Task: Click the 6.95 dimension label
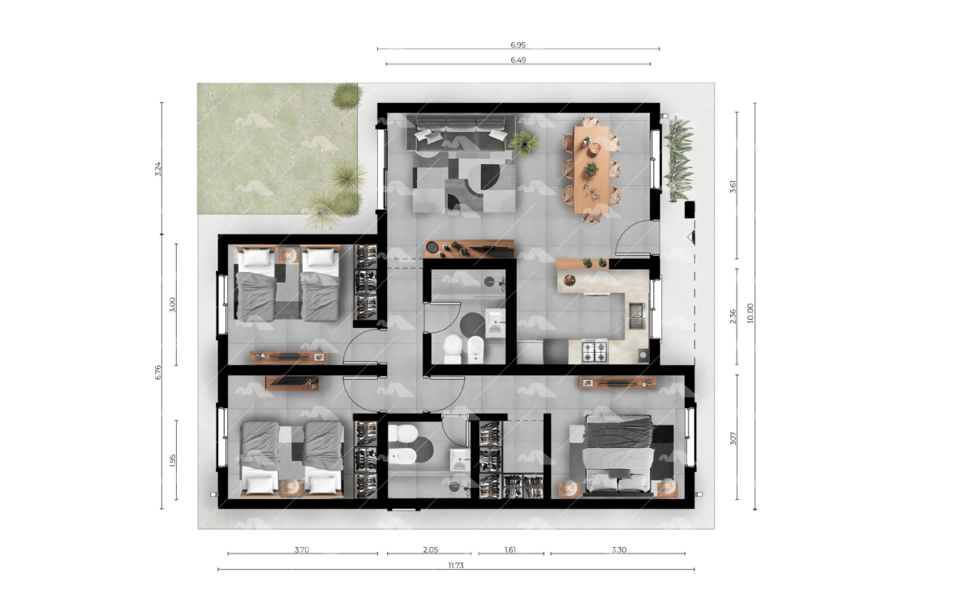pyautogui.click(x=518, y=45)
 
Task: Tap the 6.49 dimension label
pyautogui.click(x=518, y=60)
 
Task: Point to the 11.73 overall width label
pyautogui.click(x=456, y=566)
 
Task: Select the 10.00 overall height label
pyautogui.click(x=750, y=313)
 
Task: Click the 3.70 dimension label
pyautogui.click(x=302, y=549)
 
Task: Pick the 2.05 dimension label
pyautogui.click(x=430, y=549)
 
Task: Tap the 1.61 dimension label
pyautogui.click(x=510, y=549)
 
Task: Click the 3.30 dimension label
pyautogui.click(x=619, y=549)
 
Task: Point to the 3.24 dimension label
pyautogui.click(x=158, y=169)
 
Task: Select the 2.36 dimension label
pyautogui.click(x=733, y=317)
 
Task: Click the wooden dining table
pyautogui.click(x=591, y=170)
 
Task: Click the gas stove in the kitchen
pyautogui.click(x=595, y=351)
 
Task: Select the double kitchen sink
pyautogui.click(x=637, y=316)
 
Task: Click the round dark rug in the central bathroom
pyautogui.click(x=472, y=325)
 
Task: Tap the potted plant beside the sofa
pyautogui.click(x=524, y=143)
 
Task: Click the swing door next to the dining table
pyautogui.click(x=637, y=239)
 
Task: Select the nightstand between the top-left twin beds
pyautogui.click(x=288, y=255)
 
